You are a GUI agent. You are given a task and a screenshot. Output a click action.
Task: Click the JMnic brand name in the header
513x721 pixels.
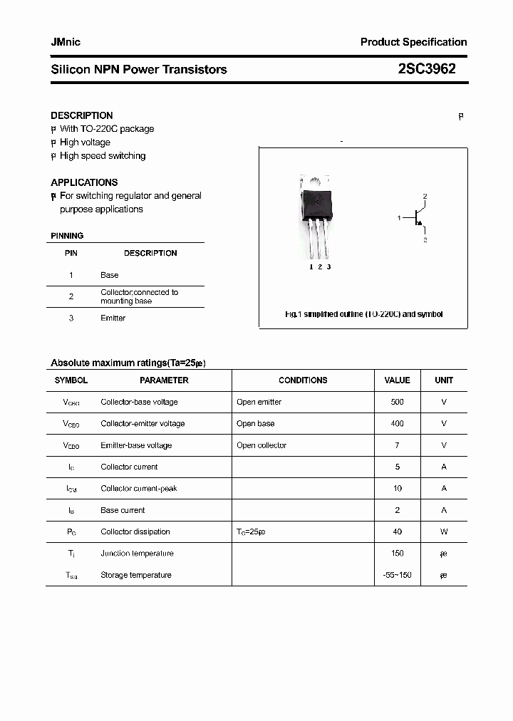pyautogui.click(x=66, y=42)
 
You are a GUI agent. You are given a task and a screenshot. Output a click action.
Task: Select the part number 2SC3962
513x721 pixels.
pyautogui.click(x=427, y=69)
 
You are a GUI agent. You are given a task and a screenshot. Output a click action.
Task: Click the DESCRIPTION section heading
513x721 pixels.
pyautogui.click(x=81, y=115)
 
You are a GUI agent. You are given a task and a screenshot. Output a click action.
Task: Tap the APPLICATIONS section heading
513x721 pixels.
pyautogui.click(x=84, y=182)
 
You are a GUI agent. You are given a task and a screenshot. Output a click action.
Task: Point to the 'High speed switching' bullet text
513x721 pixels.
pyautogui.click(x=102, y=156)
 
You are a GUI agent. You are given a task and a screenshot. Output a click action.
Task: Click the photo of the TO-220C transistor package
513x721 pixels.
pyautogui.click(x=317, y=217)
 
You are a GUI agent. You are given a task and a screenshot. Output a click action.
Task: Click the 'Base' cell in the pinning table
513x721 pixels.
pyautogui.click(x=109, y=275)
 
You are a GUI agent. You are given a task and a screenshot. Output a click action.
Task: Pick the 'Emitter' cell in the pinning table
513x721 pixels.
pyautogui.click(x=113, y=318)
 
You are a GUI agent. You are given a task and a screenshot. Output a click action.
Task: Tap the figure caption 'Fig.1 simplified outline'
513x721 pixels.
pyautogui.click(x=363, y=314)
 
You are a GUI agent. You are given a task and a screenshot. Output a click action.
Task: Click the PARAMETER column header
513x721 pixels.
pyautogui.click(x=164, y=380)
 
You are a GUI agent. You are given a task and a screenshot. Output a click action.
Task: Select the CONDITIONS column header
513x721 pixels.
pyautogui.click(x=303, y=380)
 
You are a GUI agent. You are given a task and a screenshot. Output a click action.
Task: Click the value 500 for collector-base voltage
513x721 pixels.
pyautogui.click(x=397, y=402)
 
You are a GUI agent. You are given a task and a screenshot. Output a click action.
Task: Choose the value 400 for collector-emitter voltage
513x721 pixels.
pyautogui.click(x=397, y=424)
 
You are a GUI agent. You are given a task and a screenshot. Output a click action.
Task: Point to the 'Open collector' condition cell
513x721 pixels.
pyautogui.click(x=261, y=445)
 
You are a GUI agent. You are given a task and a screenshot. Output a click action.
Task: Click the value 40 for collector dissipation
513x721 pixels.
pyautogui.click(x=397, y=532)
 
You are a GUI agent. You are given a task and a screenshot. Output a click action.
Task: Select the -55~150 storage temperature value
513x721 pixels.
pyautogui.click(x=397, y=575)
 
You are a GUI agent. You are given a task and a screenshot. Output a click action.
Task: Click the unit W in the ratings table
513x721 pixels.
pyautogui.click(x=443, y=532)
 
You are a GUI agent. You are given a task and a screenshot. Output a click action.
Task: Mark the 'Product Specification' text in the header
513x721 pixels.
pyautogui.click(x=413, y=42)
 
